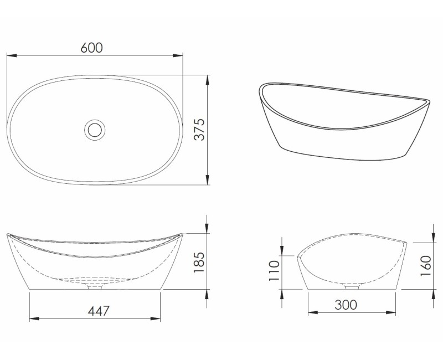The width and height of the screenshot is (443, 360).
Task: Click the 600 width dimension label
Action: [x=91, y=48]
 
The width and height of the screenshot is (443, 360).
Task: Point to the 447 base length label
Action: [x=95, y=311]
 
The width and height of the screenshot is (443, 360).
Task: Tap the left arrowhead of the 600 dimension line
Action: [x=11, y=55]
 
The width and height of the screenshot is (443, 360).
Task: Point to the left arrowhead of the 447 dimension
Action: [x=34, y=318]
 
